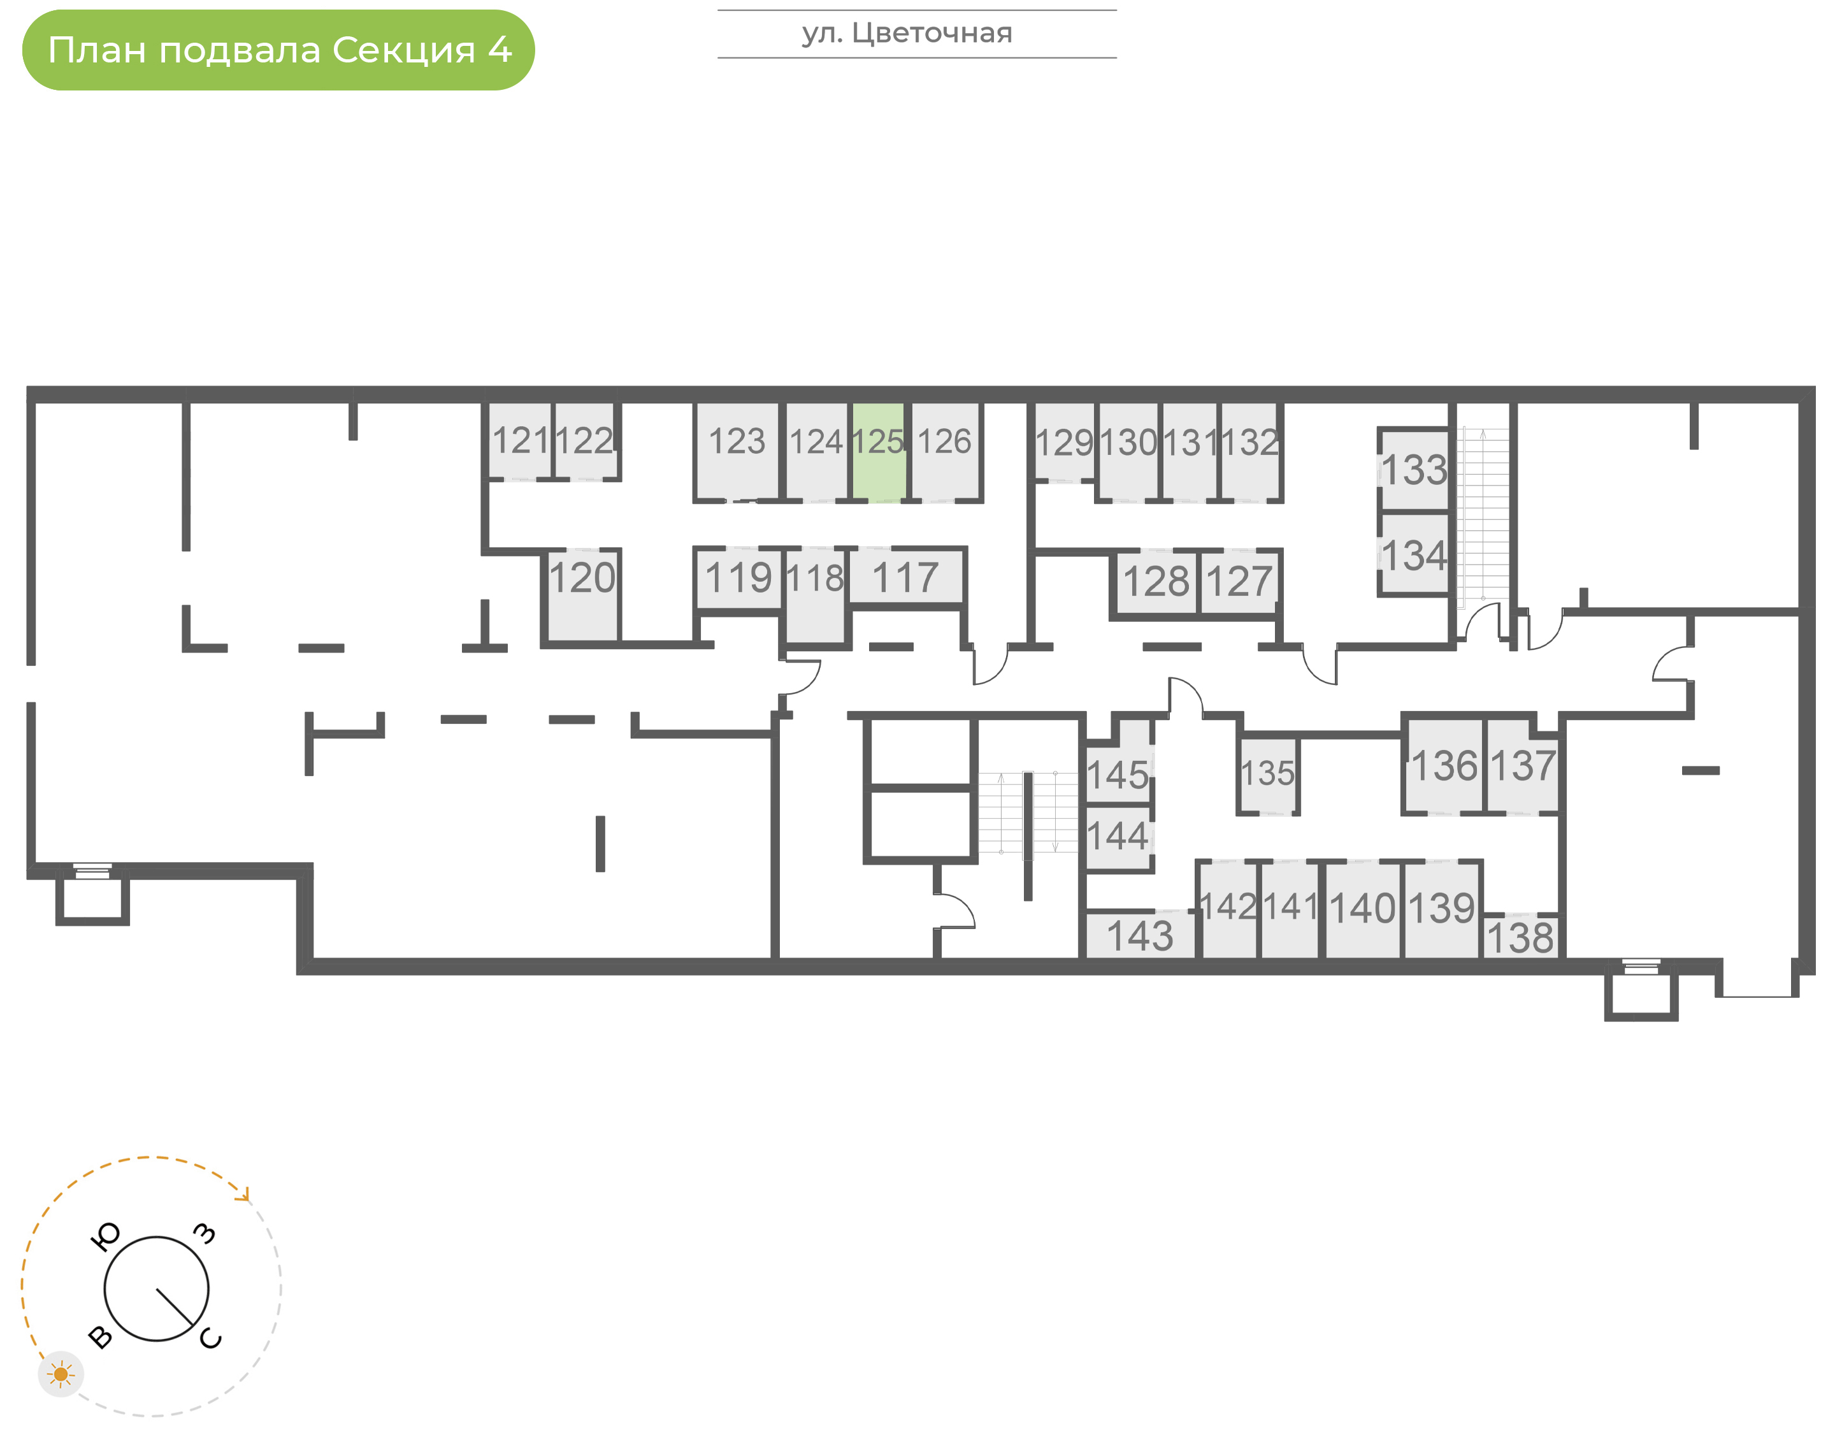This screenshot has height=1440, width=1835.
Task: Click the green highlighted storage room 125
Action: tap(877, 451)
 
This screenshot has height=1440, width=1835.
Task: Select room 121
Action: tap(519, 441)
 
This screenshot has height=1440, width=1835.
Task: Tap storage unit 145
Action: tap(1117, 775)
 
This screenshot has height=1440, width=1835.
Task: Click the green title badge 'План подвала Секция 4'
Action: tap(278, 50)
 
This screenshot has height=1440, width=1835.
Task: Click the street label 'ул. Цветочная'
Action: tap(906, 33)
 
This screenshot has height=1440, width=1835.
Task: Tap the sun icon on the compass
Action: tap(61, 1374)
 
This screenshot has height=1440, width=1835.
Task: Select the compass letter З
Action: tap(204, 1234)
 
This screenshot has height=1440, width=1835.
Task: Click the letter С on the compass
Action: tap(211, 1339)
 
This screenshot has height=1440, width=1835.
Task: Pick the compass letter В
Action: tap(100, 1338)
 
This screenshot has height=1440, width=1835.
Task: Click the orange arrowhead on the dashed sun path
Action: tap(245, 1195)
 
